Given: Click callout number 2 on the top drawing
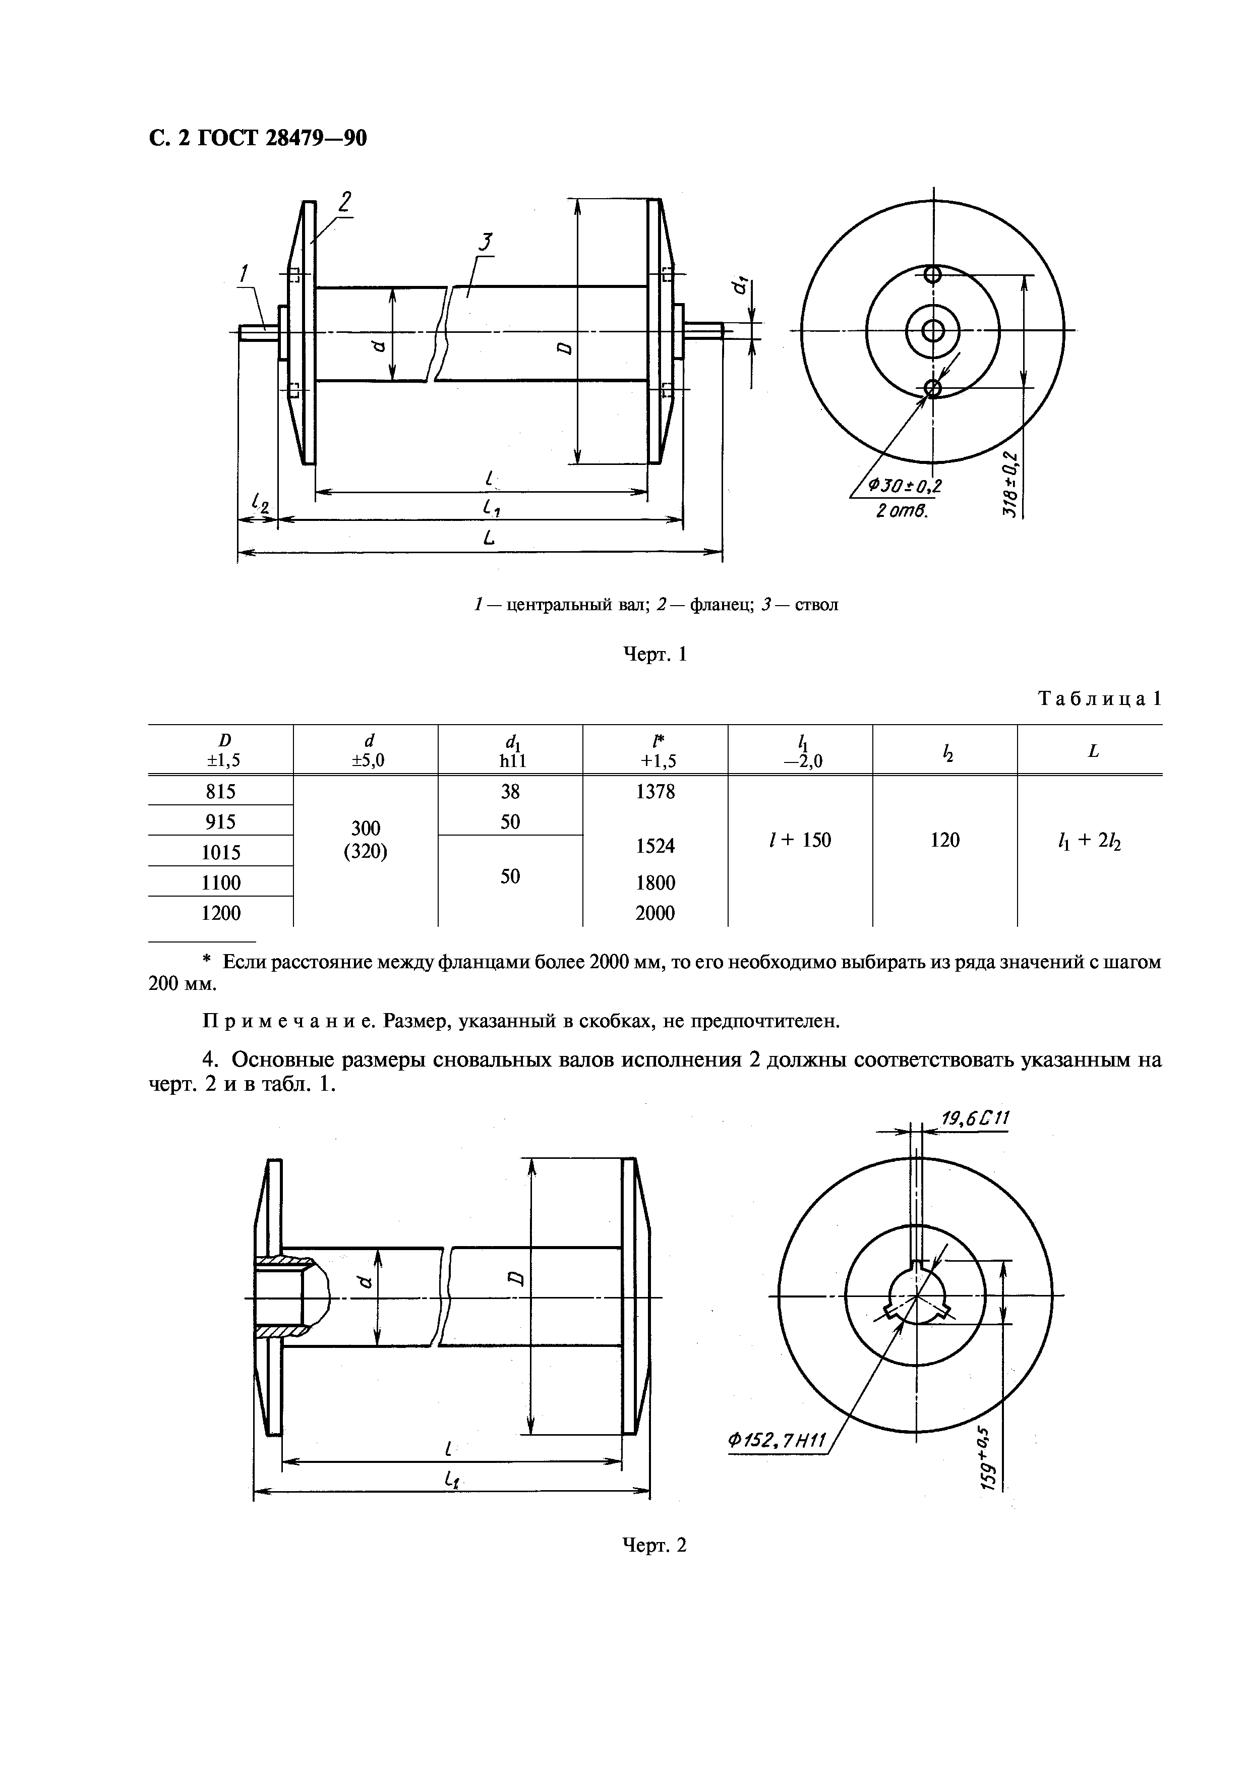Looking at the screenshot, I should [x=344, y=203].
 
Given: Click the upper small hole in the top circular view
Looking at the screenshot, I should [x=933, y=274].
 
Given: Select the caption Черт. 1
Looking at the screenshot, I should [x=654, y=655].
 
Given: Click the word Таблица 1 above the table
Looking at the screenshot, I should [x=1099, y=699].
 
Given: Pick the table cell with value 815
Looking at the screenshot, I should [x=220, y=791].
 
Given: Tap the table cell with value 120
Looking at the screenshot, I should [x=944, y=840].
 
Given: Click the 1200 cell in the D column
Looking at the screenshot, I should [x=220, y=913].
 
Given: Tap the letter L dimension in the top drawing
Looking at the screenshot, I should [x=488, y=540].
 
